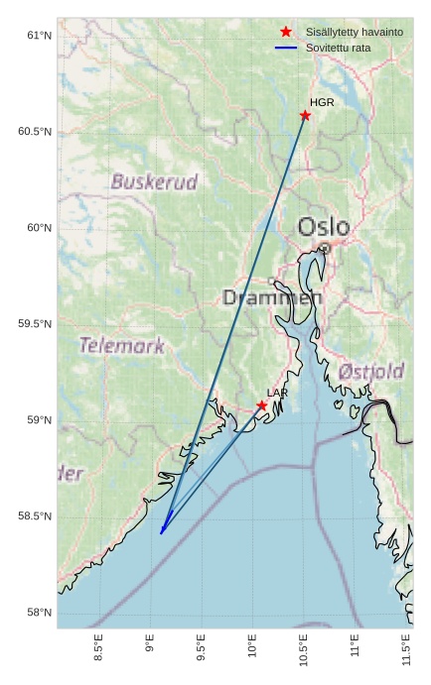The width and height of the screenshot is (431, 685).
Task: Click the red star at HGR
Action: click(x=305, y=115)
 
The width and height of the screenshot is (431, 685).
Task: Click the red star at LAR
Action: click(x=262, y=405)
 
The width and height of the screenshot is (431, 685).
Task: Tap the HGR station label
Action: click(x=322, y=102)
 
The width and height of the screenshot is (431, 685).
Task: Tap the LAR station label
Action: click(x=277, y=394)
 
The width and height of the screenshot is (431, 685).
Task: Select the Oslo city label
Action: click(x=325, y=227)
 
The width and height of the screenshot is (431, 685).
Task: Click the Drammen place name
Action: click(x=271, y=297)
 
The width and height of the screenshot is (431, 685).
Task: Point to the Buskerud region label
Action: click(x=154, y=182)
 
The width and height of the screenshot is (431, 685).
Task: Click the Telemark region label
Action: click(x=121, y=346)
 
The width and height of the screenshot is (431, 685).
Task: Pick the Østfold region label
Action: click(x=370, y=372)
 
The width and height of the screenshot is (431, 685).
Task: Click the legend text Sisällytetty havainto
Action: click(x=354, y=33)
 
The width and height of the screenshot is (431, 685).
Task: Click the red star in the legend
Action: click(x=286, y=33)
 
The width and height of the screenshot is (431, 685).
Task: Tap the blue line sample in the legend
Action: click(x=286, y=48)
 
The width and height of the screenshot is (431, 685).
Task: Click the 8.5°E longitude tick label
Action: click(x=97, y=646)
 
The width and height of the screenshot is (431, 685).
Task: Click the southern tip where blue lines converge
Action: click(x=161, y=533)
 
